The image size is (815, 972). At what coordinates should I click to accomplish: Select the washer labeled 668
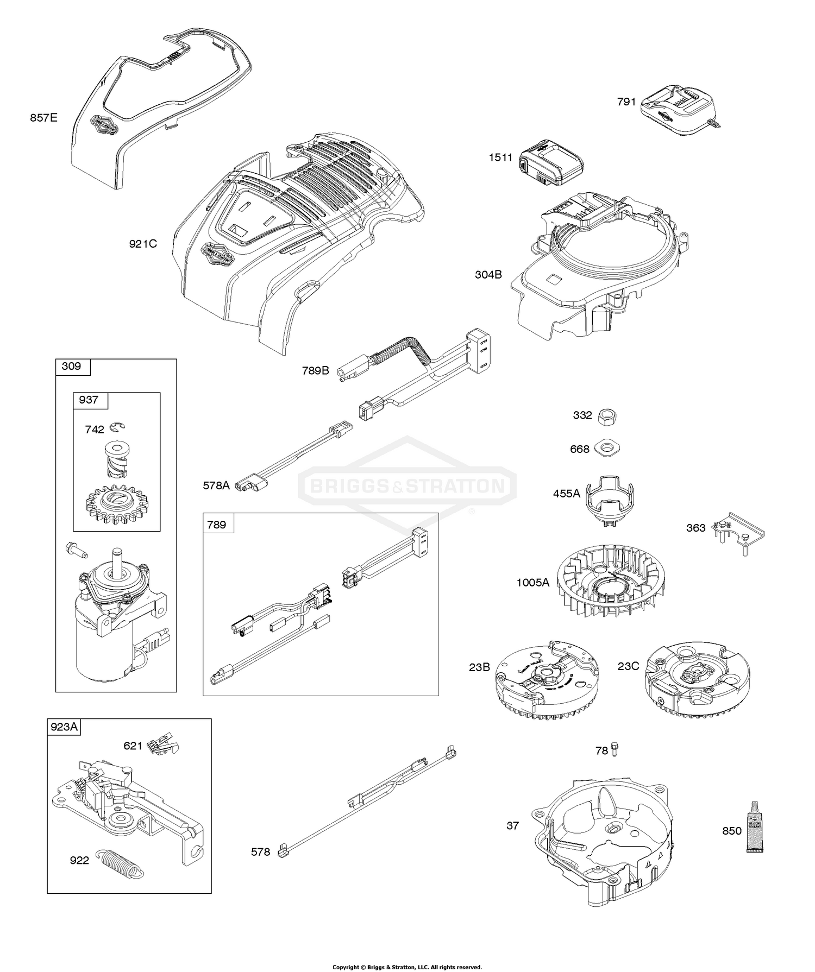click(607, 449)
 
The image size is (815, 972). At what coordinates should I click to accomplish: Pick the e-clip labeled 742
click(116, 428)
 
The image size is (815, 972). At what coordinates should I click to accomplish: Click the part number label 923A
click(64, 727)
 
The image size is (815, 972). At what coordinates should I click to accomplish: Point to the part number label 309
click(72, 367)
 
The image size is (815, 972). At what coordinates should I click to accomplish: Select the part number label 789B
click(316, 371)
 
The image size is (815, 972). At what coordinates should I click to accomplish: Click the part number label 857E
click(43, 117)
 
